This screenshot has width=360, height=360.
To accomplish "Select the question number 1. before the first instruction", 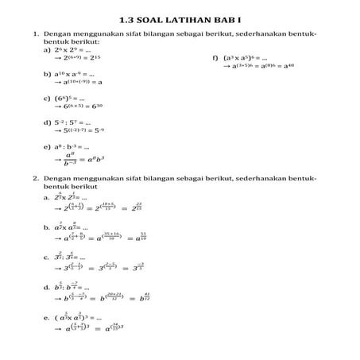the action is pyautogui.click(x=35, y=36).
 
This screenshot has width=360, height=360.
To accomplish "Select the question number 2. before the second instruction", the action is pyautogui.click(x=35, y=180).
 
